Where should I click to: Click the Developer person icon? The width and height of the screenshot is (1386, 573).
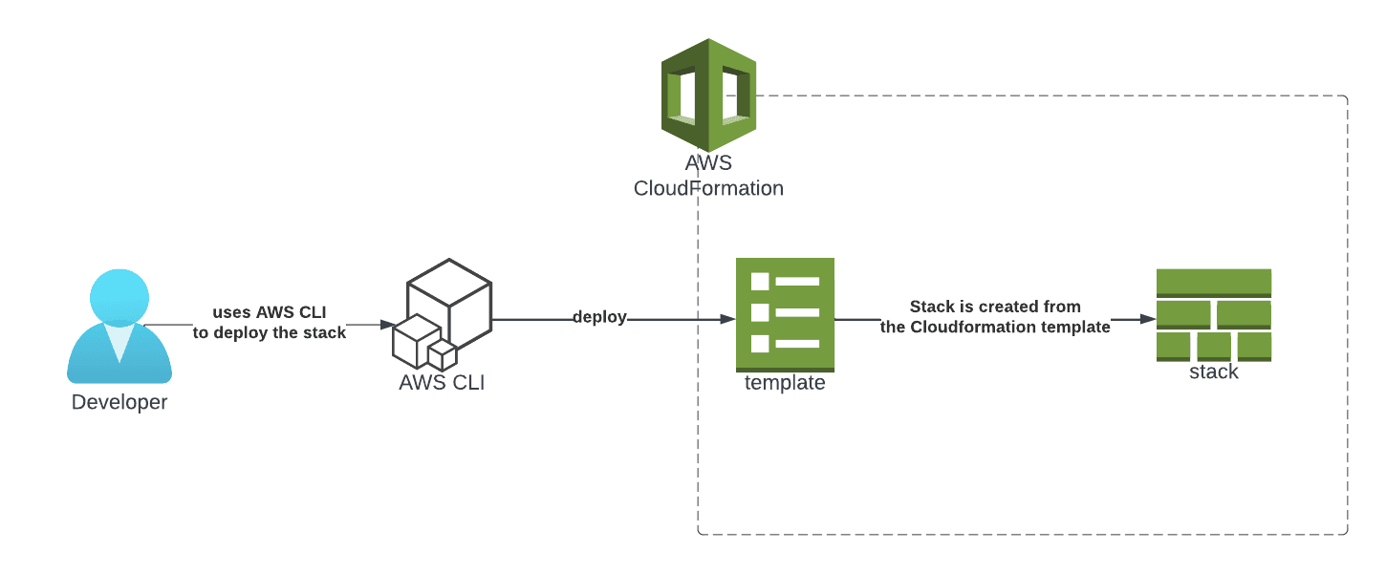119,329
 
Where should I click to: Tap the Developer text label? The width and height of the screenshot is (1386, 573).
119,402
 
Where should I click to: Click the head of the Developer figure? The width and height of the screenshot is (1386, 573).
119,296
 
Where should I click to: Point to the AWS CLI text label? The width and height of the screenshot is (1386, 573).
442,384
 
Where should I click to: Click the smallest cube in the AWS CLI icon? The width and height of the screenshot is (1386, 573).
442,356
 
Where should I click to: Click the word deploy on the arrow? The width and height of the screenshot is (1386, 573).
599,317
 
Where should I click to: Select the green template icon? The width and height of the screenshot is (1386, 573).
785,314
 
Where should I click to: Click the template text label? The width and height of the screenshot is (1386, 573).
785,383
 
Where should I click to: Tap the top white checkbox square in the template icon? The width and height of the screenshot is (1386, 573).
760,282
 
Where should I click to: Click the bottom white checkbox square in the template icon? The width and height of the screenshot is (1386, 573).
760,344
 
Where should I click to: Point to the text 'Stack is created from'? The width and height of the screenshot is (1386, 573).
995,307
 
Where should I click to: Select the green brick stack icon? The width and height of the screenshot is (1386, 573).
1213,314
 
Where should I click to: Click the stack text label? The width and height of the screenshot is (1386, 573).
1213,372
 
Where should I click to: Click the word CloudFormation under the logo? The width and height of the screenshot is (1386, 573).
708,188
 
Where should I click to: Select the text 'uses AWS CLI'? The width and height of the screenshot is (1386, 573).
270,312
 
